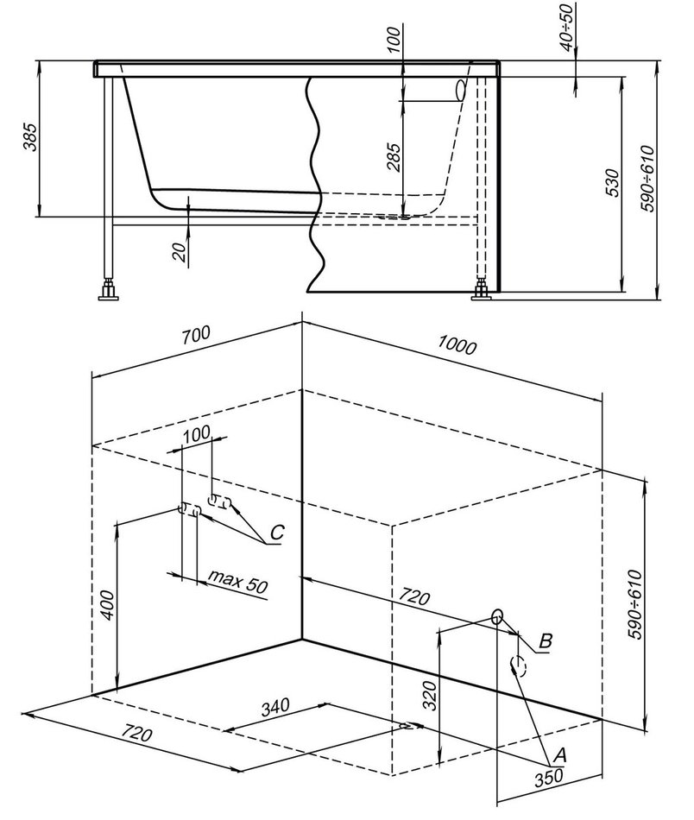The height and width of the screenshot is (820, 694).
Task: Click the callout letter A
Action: click(558, 755)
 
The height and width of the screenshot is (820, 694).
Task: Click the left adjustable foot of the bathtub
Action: click(110, 289)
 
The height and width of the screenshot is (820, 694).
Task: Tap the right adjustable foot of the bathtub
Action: click(481, 291)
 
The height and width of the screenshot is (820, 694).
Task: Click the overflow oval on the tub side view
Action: click(460, 91)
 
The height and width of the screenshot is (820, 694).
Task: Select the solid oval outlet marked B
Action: click(497, 616)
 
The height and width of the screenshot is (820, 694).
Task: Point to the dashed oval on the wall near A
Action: click(518, 664)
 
